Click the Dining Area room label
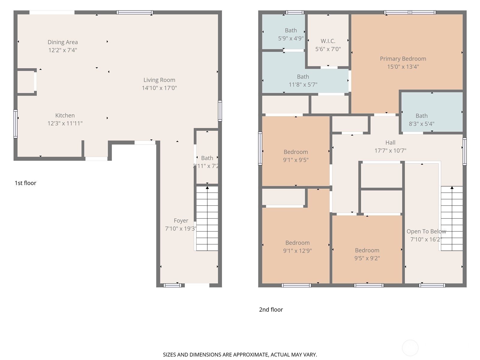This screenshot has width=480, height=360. click(63, 42)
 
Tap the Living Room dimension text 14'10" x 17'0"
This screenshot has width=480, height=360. click(159, 88)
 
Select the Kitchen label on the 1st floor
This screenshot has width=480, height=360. click(65, 115)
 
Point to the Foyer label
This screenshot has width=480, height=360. click(181, 221)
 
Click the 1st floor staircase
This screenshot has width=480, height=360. click(207, 218)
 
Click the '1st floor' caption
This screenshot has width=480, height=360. click(25, 183)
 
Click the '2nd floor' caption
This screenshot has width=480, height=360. click(271, 310)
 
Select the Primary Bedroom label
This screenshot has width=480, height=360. click(403, 59)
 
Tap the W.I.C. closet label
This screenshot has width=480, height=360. click(328, 41)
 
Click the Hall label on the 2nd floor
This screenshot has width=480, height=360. click(390, 143)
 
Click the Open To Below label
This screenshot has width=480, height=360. click(426, 232)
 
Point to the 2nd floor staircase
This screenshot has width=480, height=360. click(451, 218)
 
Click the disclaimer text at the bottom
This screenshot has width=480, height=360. click(240, 355)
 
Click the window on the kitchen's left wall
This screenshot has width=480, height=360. click(16, 124)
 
